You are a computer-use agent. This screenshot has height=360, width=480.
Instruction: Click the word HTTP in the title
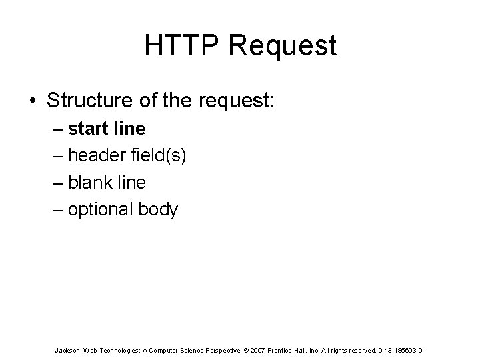[x=175, y=45]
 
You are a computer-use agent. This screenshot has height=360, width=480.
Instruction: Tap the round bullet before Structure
[x=32, y=101]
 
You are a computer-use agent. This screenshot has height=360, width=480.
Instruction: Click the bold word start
[x=88, y=127]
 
